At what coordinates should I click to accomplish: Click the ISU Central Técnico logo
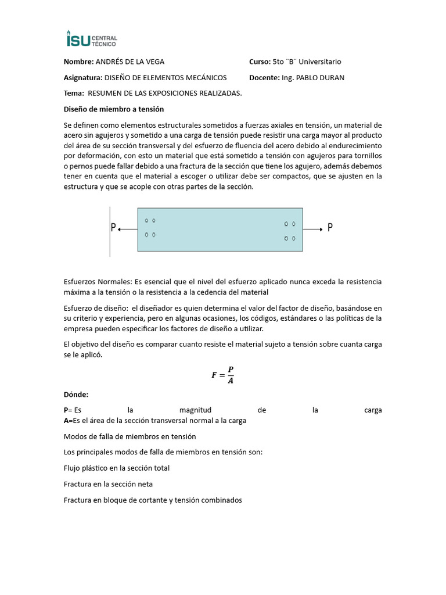pyautogui.click(x=92, y=39)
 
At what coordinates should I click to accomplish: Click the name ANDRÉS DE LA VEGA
pyautogui.click(x=134, y=62)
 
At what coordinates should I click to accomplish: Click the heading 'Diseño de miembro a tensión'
pyautogui.click(x=114, y=109)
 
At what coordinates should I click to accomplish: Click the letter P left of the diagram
pyautogui.click(x=113, y=228)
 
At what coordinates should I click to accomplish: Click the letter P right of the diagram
pyautogui.click(x=330, y=228)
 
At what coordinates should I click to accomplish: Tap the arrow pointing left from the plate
pyautogui.click(x=127, y=230)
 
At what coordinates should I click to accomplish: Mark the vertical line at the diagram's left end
pyautogui.click(x=110, y=231)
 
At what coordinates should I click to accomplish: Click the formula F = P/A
pyautogui.click(x=222, y=375)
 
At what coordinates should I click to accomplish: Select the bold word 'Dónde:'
pyautogui.click(x=76, y=395)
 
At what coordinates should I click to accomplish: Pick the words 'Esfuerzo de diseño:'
pyautogui.click(x=96, y=308)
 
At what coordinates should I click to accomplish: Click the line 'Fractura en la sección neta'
pyautogui.click(x=108, y=483)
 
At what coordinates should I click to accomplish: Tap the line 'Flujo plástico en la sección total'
pyautogui.click(x=117, y=468)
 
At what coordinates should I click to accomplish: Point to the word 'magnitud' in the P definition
pyautogui.click(x=195, y=410)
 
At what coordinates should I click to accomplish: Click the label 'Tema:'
pyautogui.click(x=73, y=93)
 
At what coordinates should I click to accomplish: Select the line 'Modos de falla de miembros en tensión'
pyautogui.click(x=130, y=436)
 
